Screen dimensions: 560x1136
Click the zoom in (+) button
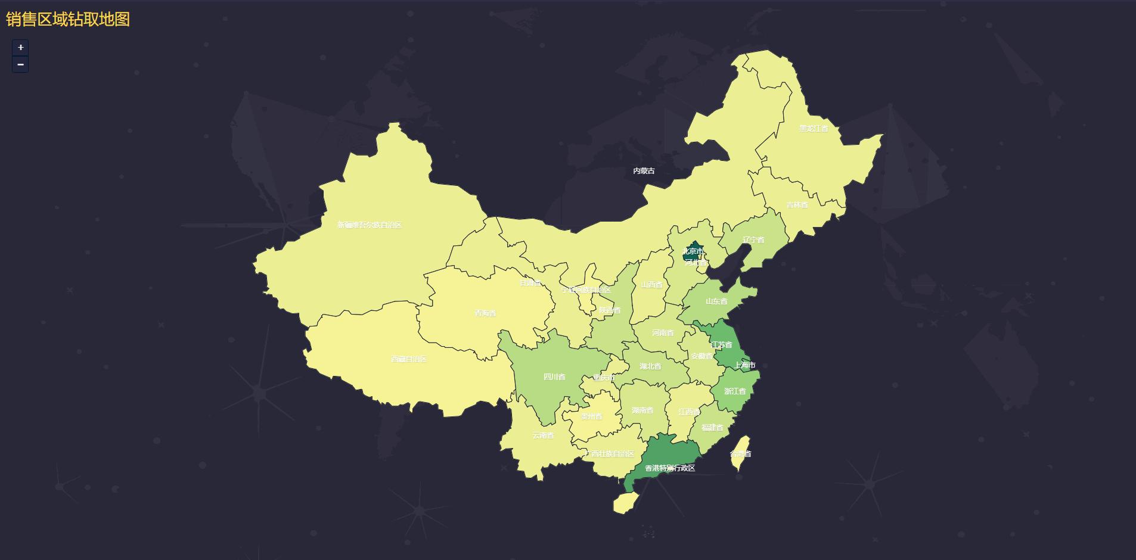point(20,48)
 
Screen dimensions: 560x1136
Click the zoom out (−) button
point(20,64)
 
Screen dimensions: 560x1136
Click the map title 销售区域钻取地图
point(68,19)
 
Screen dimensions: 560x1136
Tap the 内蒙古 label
point(644,171)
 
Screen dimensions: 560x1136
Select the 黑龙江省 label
point(814,129)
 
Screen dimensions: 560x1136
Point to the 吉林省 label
point(797,205)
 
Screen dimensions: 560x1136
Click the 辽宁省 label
point(753,240)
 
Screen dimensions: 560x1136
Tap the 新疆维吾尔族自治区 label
point(370,225)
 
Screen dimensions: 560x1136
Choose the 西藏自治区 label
point(409,359)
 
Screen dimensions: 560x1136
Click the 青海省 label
point(485,313)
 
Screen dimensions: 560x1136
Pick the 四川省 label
point(554,377)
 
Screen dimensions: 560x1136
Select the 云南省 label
point(543,435)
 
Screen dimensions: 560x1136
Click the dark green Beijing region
point(693,249)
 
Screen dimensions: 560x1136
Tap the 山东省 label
point(716,301)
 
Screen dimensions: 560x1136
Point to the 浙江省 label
point(735,391)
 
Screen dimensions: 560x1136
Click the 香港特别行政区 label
point(670,468)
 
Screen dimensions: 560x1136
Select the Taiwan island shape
point(741,453)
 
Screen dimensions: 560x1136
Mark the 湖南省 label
point(643,410)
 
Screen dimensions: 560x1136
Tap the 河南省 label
point(663,333)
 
